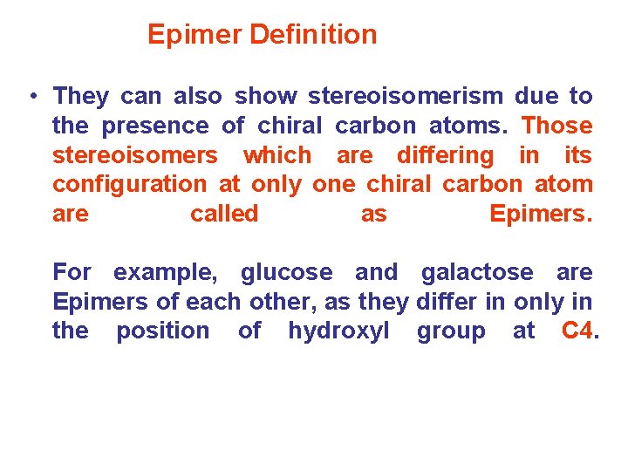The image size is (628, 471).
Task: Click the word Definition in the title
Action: tap(313, 35)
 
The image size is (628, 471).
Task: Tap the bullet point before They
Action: tap(31, 96)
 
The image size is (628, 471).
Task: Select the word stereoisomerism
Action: tap(406, 96)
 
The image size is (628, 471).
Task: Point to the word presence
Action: tap(155, 126)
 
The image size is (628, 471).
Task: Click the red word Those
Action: tap(556, 126)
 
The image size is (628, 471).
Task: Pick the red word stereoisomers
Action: tap(135, 155)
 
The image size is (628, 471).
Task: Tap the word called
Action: tap(224, 214)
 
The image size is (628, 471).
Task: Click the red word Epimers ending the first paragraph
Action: tap(540, 214)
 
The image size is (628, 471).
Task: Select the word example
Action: tap(165, 272)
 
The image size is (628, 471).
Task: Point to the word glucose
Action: tap(286, 272)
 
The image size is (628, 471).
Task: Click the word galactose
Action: tap(477, 272)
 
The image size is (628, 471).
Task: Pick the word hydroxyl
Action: tap(338, 331)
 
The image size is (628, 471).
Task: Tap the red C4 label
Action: tap(577, 331)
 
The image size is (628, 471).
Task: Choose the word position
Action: tap(163, 331)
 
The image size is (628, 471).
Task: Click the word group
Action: tap(451, 331)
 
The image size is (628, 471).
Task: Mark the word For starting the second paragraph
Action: tap(72, 272)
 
